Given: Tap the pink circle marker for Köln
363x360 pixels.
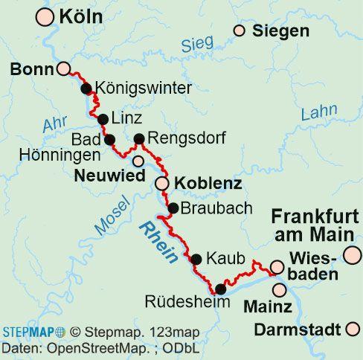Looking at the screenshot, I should (45, 16).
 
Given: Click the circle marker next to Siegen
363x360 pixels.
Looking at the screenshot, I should (239, 30).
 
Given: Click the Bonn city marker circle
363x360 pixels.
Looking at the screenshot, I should (64, 69).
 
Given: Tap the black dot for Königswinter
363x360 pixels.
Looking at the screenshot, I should (86, 89).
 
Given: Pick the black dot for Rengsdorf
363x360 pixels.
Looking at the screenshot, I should (138, 138).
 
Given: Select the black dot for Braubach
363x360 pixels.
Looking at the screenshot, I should (173, 208).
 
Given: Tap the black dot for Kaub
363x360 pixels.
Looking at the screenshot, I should (196, 260).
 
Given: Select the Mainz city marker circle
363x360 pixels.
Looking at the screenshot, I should (280, 289).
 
